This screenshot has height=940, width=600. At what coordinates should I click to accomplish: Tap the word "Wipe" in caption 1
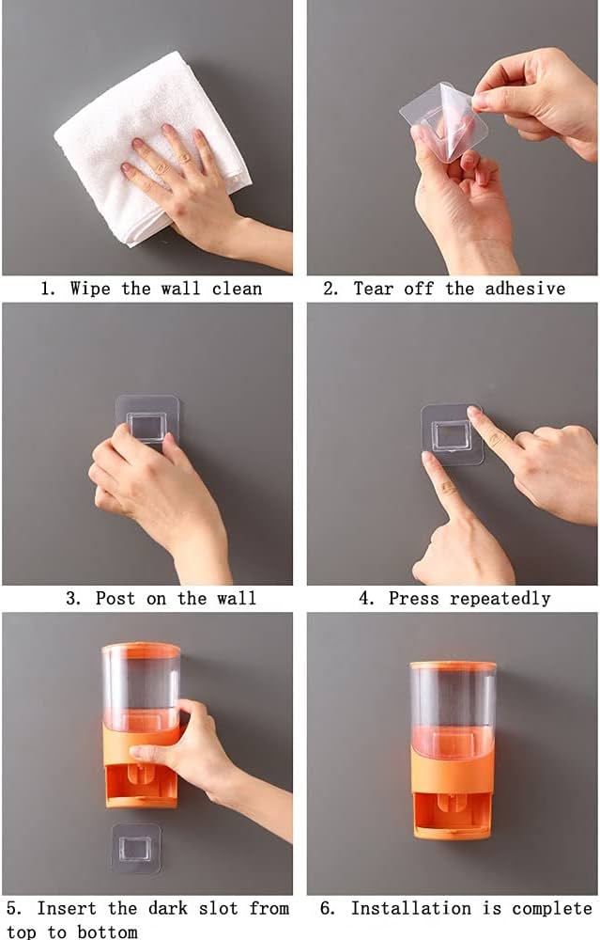pos(89,289)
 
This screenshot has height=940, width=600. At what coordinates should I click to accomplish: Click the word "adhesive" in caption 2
pos(525,289)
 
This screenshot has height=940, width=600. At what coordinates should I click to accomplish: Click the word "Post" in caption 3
pos(115,598)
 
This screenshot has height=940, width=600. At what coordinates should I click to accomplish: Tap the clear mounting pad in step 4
pos(451,434)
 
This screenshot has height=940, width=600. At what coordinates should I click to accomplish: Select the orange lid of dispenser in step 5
pos(141,649)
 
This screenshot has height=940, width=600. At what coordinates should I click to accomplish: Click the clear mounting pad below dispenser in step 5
pos(136,848)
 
